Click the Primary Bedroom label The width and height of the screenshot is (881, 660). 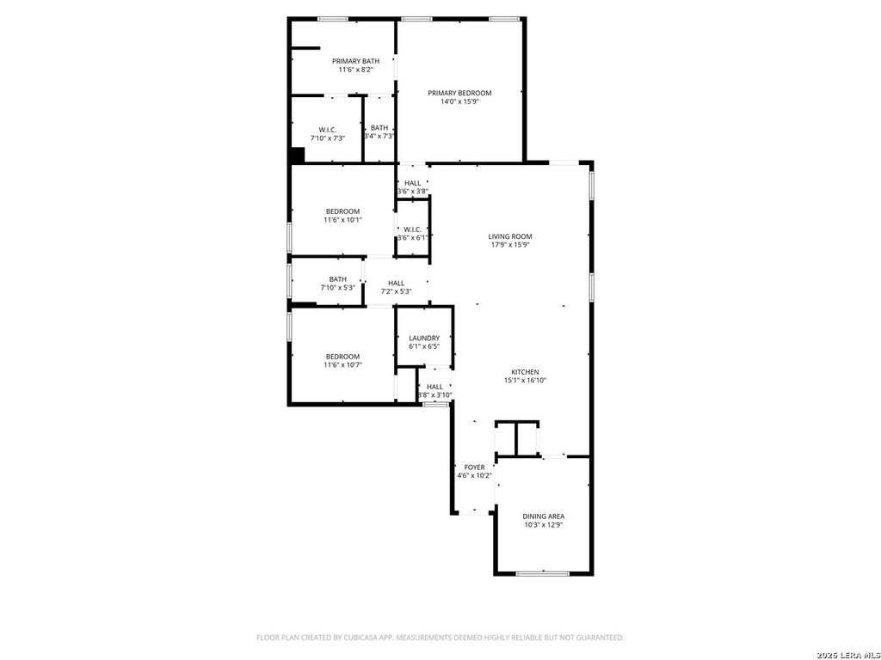tap(459, 93)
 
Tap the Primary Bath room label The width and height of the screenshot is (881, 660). tap(355, 61)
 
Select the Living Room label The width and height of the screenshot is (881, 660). tap(510, 236)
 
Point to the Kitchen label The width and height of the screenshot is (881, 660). tap(525, 372)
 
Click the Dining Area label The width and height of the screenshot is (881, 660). tap(544, 516)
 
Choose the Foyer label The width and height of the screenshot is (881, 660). tap(474, 467)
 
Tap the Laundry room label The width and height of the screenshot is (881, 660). tap(424, 338)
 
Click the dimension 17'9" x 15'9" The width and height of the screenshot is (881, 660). tap(510, 245)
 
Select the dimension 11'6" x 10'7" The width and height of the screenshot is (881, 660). tap(342, 365)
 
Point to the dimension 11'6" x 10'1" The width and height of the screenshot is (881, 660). tap(342, 220)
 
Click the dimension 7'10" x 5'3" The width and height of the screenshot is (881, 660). tap(337, 288)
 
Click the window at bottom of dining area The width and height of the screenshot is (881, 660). tap(543, 573)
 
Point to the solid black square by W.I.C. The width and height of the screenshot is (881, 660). tap(297, 156)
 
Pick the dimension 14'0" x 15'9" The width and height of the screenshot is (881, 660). tap(459, 101)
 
